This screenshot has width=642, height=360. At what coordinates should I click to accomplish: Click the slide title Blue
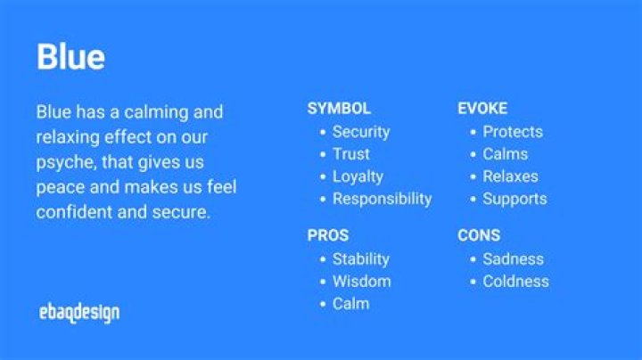[70, 57]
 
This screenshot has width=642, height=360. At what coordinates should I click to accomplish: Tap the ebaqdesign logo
[79, 312]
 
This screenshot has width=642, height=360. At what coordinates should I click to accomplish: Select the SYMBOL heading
[339, 109]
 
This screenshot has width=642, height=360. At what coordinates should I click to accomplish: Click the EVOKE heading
[482, 109]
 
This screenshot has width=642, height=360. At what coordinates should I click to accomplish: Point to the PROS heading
[328, 236]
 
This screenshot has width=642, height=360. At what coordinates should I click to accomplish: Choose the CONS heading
[479, 236]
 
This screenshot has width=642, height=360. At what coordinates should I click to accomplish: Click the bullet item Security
[361, 132]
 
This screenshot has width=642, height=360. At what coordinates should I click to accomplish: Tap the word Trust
[351, 154]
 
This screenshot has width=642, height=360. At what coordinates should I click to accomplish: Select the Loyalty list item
[358, 176]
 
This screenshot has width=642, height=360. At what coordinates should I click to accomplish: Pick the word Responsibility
[382, 199]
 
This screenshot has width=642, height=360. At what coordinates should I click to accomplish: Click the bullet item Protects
[513, 132]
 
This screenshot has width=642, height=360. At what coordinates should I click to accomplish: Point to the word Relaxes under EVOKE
[511, 176]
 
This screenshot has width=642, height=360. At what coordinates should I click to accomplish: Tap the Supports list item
[514, 199]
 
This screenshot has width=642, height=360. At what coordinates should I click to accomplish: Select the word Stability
[361, 259]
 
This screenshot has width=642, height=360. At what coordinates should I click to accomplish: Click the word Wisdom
[361, 282]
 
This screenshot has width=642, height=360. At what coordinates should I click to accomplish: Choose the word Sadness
[513, 259]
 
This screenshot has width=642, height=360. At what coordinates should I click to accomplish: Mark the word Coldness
[515, 282]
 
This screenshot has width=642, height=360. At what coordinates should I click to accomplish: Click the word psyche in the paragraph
[65, 163]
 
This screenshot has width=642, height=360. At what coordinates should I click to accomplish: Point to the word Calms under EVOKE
[506, 154]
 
